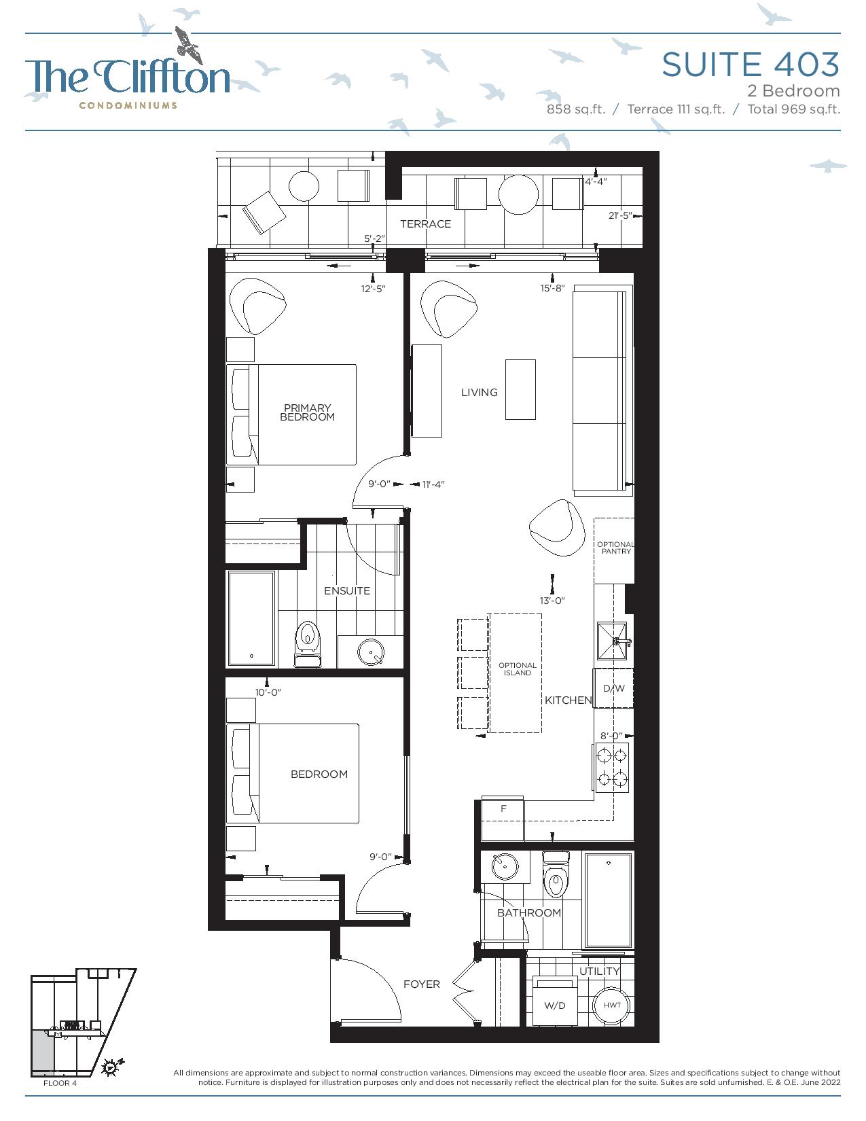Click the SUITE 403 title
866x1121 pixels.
tap(751, 65)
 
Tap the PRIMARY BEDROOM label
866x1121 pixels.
tap(308, 412)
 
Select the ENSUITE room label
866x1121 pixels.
tap(346, 590)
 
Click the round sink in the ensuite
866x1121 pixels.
tap(371, 652)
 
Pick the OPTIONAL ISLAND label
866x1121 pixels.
tap(518, 669)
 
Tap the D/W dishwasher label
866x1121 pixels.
tap(614, 688)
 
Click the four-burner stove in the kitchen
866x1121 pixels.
tap(612, 767)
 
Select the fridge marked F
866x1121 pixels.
tap(503, 818)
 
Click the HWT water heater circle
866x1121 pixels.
tap(612, 1005)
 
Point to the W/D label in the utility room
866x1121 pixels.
tap(555, 1006)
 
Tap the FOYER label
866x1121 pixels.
tap(421, 984)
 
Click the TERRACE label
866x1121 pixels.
tap(425, 224)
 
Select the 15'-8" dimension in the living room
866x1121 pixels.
tap(552, 288)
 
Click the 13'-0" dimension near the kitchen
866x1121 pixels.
tap(552, 601)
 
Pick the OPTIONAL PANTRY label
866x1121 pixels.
tap(615, 548)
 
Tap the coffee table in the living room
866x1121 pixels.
tap(520, 389)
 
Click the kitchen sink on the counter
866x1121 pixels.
tap(612, 641)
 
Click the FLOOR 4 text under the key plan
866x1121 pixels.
tap(60, 1083)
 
